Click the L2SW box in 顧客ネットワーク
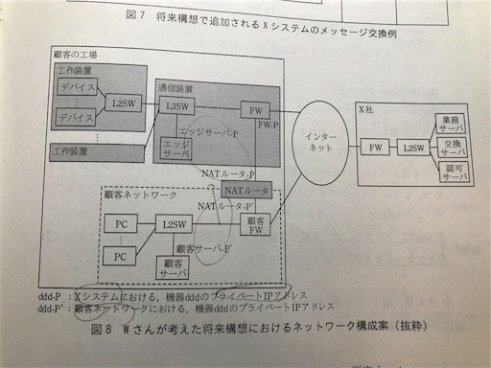(174, 223)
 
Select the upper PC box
(121, 224)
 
